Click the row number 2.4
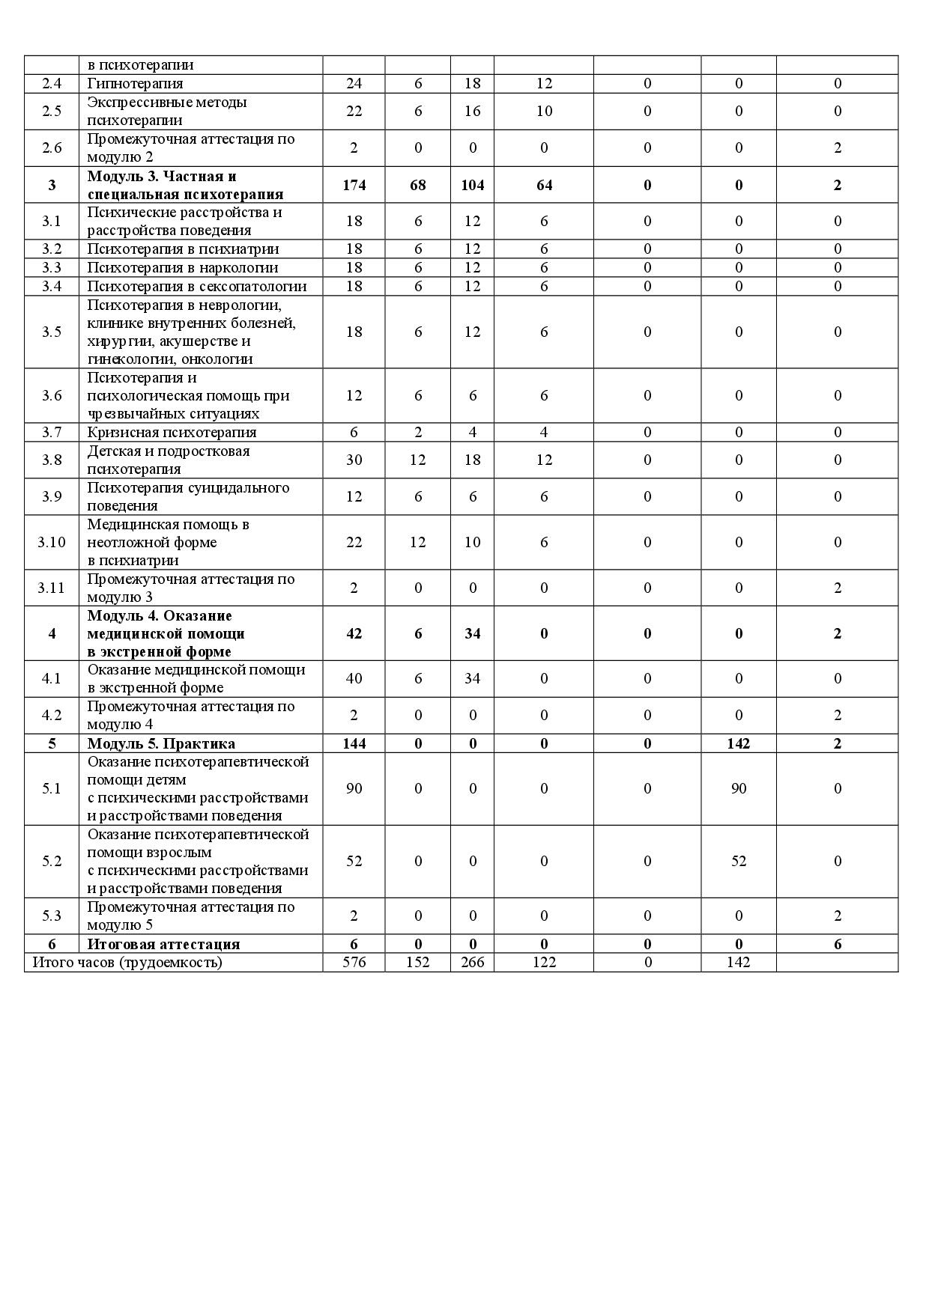(52, 83)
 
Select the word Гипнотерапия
(135, 83)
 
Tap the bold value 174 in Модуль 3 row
(354, 185)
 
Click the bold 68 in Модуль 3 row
(417, 185)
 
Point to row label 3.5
(52, 332)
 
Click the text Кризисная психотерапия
(172, 432)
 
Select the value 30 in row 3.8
(354, 460)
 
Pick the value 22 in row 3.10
(354, 542)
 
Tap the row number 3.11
(52, 588)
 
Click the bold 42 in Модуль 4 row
(354, 633)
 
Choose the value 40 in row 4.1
(354, 678)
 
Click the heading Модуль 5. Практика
(161, 743)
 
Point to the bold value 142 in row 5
(738, 743)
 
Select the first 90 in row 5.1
(354, 788)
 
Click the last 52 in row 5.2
(738, 861)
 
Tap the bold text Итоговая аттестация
(163, 944)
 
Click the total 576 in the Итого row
(354, 962)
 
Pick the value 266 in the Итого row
(472, 962)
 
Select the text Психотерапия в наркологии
(182, 267)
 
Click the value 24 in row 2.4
(354, 83)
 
